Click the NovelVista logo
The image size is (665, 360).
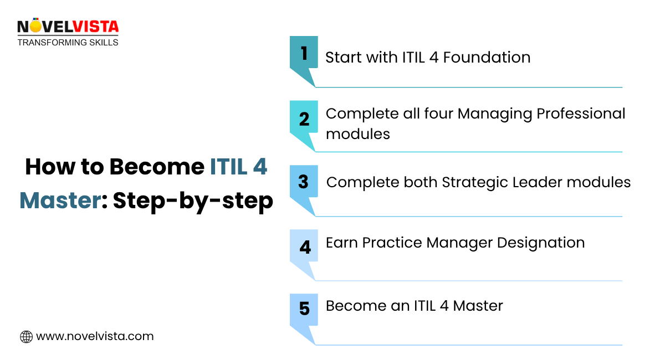(68, 27)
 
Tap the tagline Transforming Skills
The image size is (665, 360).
(68, 42)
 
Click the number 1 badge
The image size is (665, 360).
(304, 54)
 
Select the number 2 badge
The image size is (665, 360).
(304, 119)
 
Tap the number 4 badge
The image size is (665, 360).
(304, 247)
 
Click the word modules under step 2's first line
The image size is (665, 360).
(357, 134)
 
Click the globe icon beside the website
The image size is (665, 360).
(26, 336)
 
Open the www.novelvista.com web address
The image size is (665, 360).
(95, 336)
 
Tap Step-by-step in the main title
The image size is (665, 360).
(193, 201)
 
